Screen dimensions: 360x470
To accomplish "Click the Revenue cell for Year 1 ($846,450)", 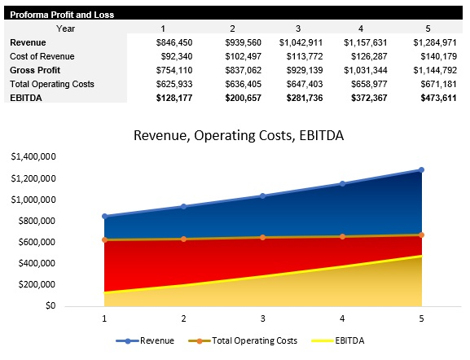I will point(174,42).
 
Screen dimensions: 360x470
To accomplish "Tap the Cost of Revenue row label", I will point(42,56).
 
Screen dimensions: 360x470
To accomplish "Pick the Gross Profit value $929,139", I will point(301,70).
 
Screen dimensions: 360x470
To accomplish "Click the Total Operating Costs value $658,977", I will point(367,84).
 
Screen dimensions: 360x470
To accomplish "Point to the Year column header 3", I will point(298,29).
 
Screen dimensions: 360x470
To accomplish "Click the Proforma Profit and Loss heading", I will point(62,15).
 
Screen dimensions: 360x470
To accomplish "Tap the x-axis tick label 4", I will point(342,318).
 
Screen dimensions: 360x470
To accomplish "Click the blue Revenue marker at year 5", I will point(421,169).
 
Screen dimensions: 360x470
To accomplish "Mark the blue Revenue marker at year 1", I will point(104,216).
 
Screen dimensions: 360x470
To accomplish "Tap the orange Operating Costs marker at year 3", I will point(263,237).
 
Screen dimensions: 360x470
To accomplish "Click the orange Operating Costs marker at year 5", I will point(421,235).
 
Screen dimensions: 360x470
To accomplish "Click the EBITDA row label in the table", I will point(26,98).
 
